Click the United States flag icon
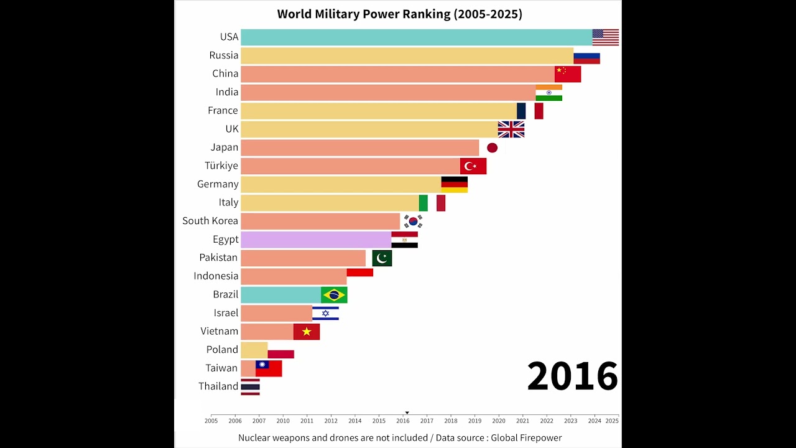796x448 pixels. click(605, 37)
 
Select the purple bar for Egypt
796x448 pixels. click(316, 240)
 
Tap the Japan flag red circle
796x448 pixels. click(492, 147)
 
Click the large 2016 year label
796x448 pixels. click(572, 376)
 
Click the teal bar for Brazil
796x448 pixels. click(280, 295)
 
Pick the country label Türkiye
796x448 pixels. click(221, 166)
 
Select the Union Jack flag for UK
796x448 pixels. click(511, 129)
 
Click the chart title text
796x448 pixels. click(399, 14)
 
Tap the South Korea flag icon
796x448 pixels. click(413, 222)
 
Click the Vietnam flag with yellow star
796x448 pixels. click(307, 332)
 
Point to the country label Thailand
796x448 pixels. click(218, 386)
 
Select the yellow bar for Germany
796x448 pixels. click(341, 184)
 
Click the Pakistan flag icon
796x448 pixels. click(382, 258)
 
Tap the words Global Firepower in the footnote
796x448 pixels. click(526, 438)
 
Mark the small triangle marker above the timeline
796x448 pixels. click(407, 413)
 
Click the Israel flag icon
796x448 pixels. click(325, 313)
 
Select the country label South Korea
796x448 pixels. click(210, 221)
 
